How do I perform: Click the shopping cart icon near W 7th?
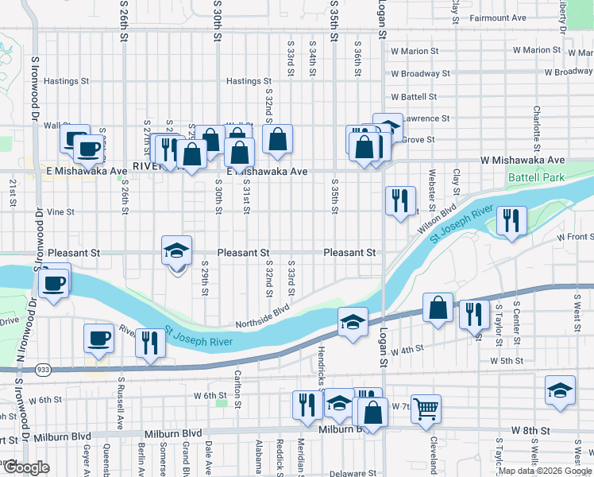[x=426, y=409]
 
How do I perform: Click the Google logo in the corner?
[x=25, y=467]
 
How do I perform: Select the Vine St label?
[x=60, y=212]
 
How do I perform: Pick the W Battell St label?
[x=414, y=97]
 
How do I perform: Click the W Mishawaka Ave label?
[x=522, y=161]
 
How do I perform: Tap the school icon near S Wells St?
[x=560, y=390]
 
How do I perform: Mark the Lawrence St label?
[x=426, y=118]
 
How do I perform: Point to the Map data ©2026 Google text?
[x=544, y=471]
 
